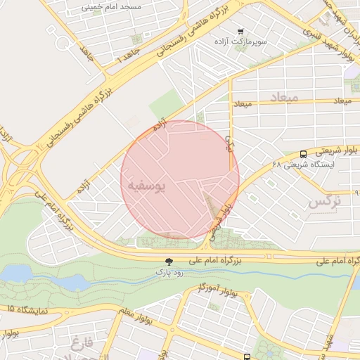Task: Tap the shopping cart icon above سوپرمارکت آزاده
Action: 240,32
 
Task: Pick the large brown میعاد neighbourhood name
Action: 284,96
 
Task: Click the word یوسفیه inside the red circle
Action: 148,184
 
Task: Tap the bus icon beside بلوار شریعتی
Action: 303,154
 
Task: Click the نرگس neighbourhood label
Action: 324,202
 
